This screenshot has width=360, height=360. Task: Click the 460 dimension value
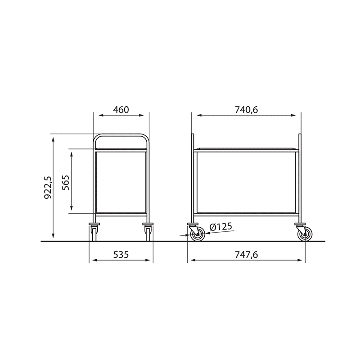[x=121, y=110]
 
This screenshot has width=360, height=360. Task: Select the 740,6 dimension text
[x=246, y=110]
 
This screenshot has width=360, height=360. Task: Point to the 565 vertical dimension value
[x=65, y=183]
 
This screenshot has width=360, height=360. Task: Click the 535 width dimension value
[x=121, y=255]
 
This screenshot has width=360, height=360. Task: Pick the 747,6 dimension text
[x=246, y=255]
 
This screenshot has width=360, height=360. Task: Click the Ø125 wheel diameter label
[x=221, y=227]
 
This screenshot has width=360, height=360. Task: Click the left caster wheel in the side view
[x=198, y=234]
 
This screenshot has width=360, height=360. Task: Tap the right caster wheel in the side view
[x=305, y=234]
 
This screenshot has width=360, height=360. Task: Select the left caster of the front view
[x=94, y=232]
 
